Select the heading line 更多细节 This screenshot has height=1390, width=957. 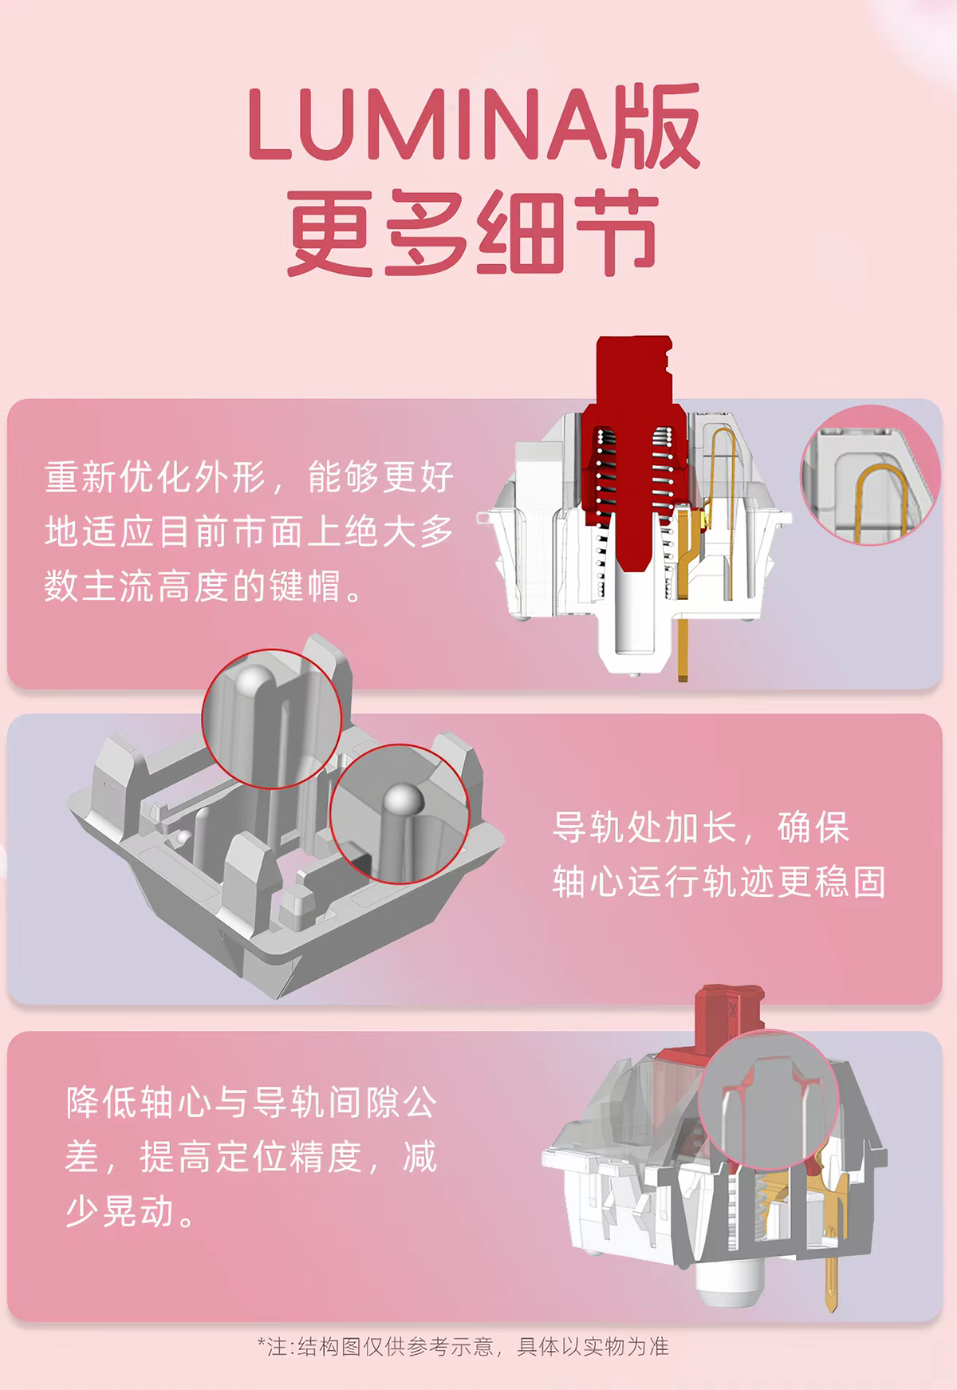(473, 233)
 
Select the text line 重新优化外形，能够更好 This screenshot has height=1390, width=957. (250, 477)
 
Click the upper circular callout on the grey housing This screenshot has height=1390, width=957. (271, 718)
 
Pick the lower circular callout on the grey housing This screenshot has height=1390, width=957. (399, 814)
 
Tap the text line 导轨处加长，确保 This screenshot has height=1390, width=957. (702, 827)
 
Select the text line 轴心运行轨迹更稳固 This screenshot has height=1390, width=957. (719, 883)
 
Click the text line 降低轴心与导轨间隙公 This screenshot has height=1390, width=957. (252, 1103)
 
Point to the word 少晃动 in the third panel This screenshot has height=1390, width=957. (120, 1211)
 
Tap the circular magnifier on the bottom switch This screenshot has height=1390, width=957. (768, 1101)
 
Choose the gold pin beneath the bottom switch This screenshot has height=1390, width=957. (830, 1269)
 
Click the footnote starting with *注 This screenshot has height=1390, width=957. (463, 1347)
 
